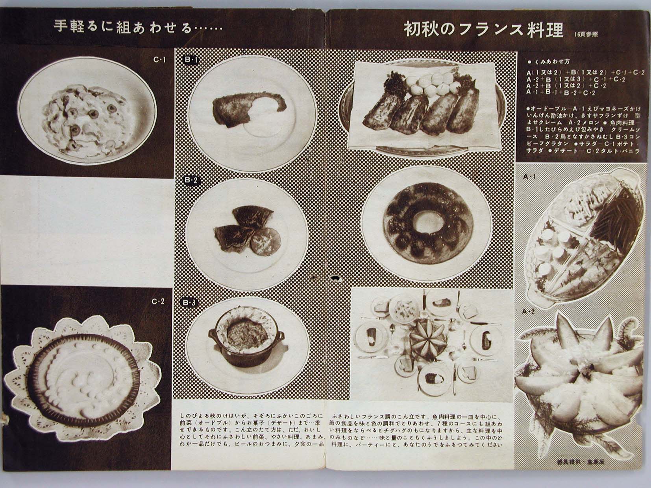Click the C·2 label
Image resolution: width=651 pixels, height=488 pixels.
pos(158,302)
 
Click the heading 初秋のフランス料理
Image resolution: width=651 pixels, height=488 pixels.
pos(483,30)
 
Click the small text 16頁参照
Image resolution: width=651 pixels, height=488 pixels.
pos(586,34)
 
